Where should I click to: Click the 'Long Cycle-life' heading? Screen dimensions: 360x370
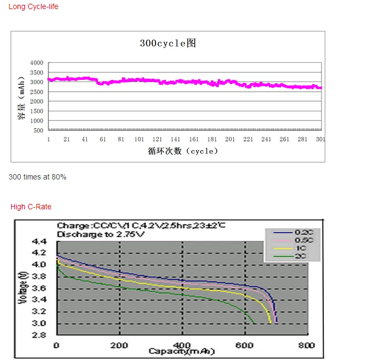click(34, 6)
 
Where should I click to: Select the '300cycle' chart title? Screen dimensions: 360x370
click(168, 43)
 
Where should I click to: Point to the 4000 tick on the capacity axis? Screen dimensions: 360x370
click(37, 63)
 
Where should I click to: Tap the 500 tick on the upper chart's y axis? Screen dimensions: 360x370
click(38, 130)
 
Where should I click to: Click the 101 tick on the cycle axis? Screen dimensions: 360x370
click(139, 140)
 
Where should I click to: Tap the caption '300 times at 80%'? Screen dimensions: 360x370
click(37, 177)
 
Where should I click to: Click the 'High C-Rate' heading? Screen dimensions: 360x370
click(31, 207)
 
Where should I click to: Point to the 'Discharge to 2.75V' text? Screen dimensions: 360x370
click(101, 234)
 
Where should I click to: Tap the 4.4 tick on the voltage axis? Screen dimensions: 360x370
click(40, 241)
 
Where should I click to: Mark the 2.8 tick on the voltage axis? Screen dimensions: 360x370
click(40, 335)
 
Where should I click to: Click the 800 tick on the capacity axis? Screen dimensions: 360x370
click(307, 345)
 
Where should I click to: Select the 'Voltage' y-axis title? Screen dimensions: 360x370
click(23, 288)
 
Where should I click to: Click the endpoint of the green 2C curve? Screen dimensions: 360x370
click(255, 323)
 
